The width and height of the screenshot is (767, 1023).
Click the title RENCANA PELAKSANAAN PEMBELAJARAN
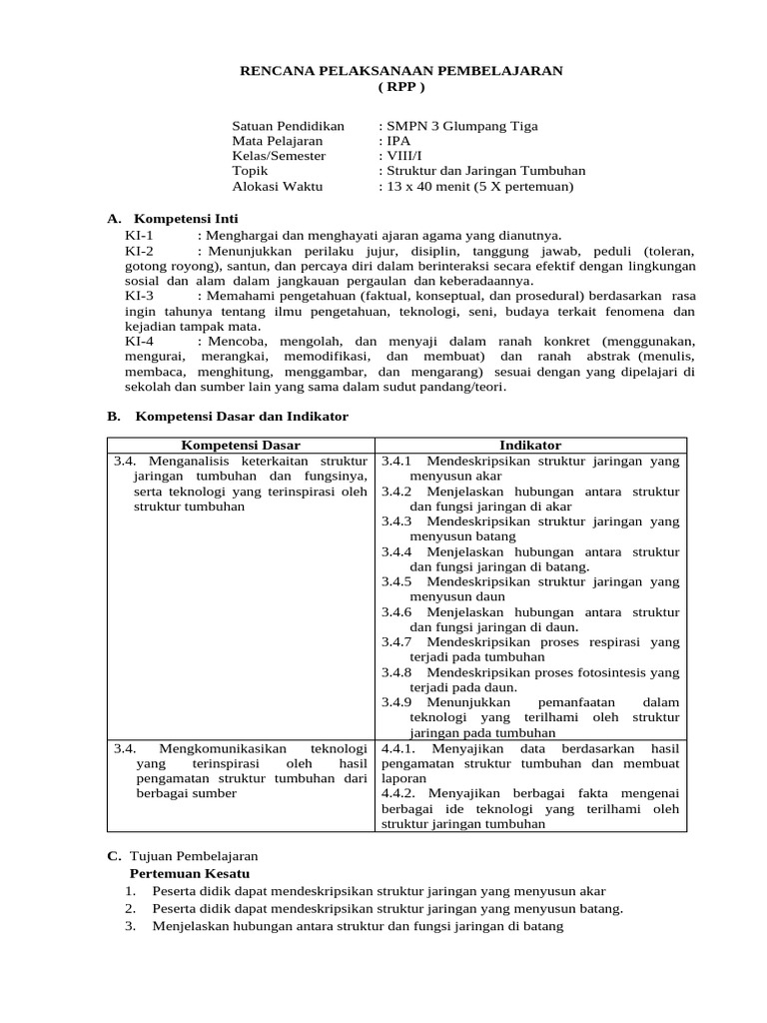coord(401,71)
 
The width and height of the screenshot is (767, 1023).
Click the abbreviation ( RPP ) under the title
coord(401,87)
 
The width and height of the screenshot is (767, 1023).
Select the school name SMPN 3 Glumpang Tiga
coord(461,126)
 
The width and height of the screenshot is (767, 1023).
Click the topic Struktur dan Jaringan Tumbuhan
coord(485,171)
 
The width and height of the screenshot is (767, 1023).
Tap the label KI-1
coord(140,235)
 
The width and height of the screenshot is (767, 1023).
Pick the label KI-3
coord(140,297)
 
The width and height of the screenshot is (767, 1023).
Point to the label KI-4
coord(140,342)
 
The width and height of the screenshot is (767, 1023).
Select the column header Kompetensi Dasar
coord(241,445)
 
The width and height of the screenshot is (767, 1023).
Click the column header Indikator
coord(530,445)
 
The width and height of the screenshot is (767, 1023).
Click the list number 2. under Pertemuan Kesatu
coord(130,908)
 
